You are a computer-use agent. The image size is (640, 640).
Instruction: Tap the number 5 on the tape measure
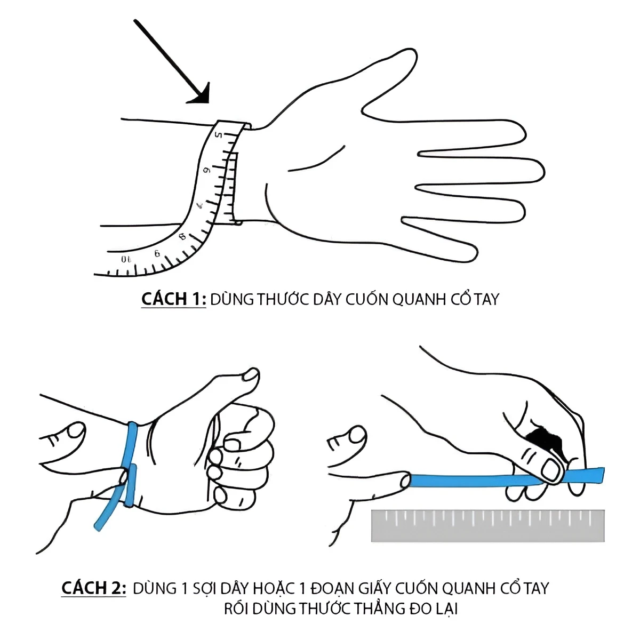tap(218, 136)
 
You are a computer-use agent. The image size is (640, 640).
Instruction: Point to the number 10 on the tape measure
tap(126, 260)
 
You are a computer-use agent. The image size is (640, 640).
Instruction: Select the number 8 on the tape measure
tap(182, 236)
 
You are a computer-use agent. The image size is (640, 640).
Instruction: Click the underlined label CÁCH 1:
tap(173, 299)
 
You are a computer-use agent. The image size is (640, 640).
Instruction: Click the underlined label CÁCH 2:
tap(94, 588)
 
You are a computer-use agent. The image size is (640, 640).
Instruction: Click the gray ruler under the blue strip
tap(487, 526)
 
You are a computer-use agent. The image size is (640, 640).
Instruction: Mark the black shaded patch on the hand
tap(543, 437)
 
